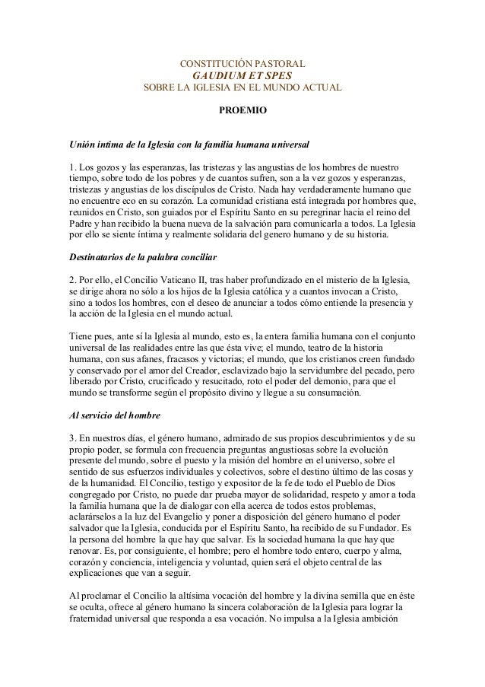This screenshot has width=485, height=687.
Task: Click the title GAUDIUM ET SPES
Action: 242,77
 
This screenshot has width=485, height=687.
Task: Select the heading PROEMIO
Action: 242,111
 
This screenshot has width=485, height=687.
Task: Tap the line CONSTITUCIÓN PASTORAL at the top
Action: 242,63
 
